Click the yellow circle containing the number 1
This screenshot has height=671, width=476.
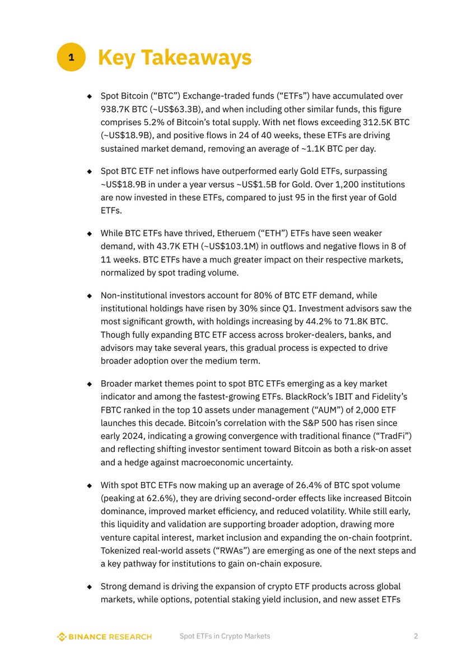click(x=71, y=58)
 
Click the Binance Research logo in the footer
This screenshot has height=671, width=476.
click(x=105, y=636)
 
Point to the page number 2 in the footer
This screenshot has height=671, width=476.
click(x=416, y=636)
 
